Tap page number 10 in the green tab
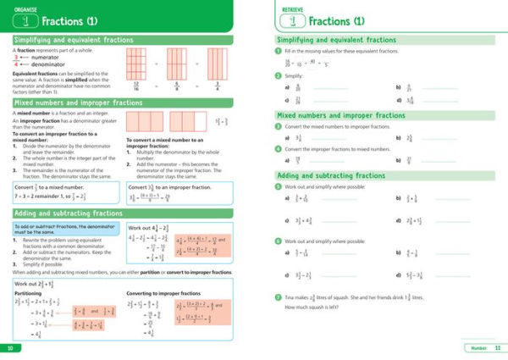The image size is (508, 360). click(x=9, y=349)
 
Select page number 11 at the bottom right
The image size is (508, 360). click(x=497, y=349)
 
